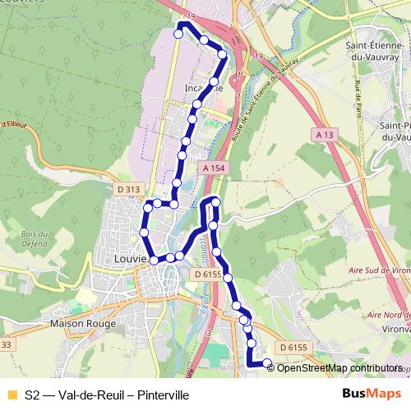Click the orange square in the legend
click(x=12, y=395)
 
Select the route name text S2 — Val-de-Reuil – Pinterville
click(x=107, y=395)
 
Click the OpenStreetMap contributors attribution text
click(x=339, y=368)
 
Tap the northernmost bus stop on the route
click(x=178, y=34)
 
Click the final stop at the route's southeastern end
click(x=266, y=363)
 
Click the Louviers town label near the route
click(x=130, y=257)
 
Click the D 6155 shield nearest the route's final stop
click(x=292, y=348)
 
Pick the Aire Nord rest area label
click(x=389, y=315)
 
